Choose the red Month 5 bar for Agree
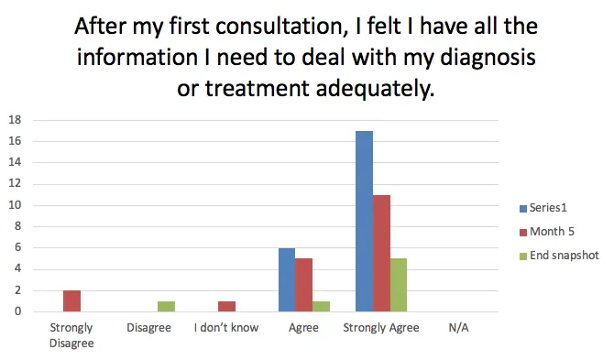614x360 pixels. (303, 285)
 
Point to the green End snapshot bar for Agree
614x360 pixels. (322, 306)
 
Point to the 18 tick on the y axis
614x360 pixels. (14, 120)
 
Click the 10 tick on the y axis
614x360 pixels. (14, 205)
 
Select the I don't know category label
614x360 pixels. (225, 327)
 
